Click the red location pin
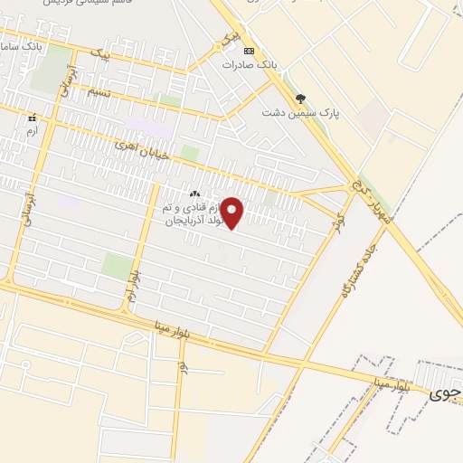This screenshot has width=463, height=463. pyautogui.click(x=232, y=213)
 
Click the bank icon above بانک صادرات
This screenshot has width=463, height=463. pyautogui.click(x=250, y=50)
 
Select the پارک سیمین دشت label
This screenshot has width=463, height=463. pyautogui.click(x=293, y=112)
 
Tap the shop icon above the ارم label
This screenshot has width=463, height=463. pyautogui.click(x=33, y=118)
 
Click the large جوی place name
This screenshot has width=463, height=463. pyautogui.click(x=445, y=394)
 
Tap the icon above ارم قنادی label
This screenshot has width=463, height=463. pyautogui.click(x=194, y=194)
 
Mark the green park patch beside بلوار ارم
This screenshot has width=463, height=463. pyautogui.click(x=117, y=266)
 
